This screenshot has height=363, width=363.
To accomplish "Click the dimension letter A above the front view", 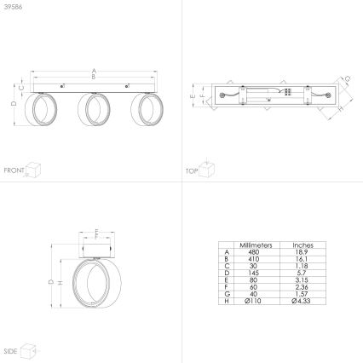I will pos(94,70).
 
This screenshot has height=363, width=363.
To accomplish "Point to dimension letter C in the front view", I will pos(20,86).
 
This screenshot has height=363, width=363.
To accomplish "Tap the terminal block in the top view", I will pos(290,95).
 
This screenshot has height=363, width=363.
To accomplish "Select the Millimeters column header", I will pos(256,244).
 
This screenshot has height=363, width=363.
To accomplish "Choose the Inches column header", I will pos(302,244).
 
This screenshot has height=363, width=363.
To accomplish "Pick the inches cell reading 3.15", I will pos(302,279).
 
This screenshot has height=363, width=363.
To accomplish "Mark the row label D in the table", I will pos(227,272).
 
